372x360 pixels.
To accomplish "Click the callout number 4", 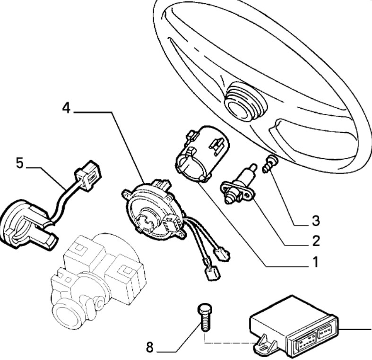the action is pos(67,108).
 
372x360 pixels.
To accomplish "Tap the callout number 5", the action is pos(20,163).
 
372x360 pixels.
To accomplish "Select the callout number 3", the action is pos(316,220).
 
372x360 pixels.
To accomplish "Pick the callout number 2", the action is pos(316,241).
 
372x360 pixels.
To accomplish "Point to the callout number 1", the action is pos(316,262).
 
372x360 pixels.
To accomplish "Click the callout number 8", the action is pos(150,347).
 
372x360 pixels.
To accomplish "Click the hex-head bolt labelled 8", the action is pos(205,317).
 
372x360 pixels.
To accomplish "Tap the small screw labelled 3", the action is pos(270,163).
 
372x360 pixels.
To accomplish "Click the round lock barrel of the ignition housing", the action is pos(67,314).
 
